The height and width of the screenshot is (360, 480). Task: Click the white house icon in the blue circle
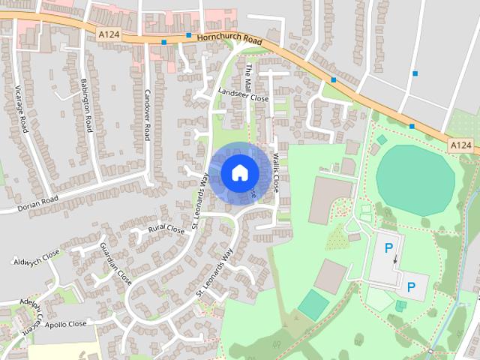tap(238, 172)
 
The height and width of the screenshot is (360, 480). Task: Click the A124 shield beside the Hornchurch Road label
tap(109, 33)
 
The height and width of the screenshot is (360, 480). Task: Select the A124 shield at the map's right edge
tap(461, 144)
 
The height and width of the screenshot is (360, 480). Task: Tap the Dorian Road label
tap(39, 204)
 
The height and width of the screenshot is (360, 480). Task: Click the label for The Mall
tap(251, 77)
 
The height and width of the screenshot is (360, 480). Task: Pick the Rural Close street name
tap(166, 229)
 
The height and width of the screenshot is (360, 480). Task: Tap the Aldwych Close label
tap(36, 259)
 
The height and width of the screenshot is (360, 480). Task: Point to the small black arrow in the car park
tap(396, 259)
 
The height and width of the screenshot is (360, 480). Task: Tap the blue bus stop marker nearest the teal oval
tap(411, 126)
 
